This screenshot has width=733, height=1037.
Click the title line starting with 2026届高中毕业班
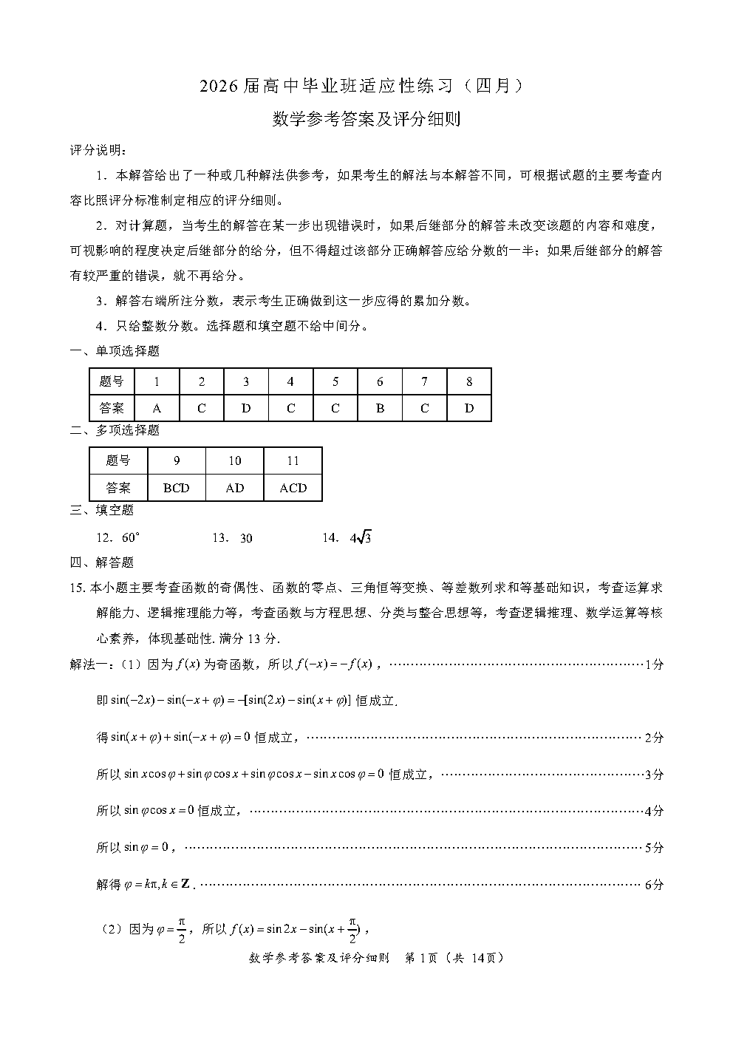pyautogui.click(x=366, y=86)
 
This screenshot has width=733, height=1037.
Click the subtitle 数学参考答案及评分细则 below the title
pyautogui.click(x=366, y=119)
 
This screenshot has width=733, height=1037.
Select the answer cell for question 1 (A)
pyautogui.click(x=157, y=408)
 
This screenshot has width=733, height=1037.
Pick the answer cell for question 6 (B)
pyautogui.click(x=380, y=408)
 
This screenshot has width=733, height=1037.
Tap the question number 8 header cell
pyautogui.click(x=469, y=382)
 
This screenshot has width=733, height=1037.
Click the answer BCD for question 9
pyautogui.click(x=177, y=488)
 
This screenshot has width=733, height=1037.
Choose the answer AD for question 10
pyautogui.click(x=235, y=488)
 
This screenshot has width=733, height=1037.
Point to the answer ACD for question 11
pyautogui.click(x=293, y=488)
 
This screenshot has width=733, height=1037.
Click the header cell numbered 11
pyautogui.click(x=293, y=461)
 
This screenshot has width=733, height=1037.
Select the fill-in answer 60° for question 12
pyautogui.click(x=130, y=538)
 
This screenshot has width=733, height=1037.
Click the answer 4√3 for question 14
pyautogui.click(x=361, y=538)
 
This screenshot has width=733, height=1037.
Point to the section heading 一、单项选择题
pyautogui.click(x=115, y=351)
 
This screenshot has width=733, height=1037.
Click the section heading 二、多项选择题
pyautogui.click(x=115, y=430)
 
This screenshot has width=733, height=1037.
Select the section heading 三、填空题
pyautogui.click(x=102, y=510)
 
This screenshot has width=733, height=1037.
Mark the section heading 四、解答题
pyautogui.click(x=102, y=562)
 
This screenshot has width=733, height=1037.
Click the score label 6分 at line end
pyautogui.click(x=654, y=885)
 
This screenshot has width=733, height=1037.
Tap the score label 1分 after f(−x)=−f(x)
pyautogui.click(x=654, y=664)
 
